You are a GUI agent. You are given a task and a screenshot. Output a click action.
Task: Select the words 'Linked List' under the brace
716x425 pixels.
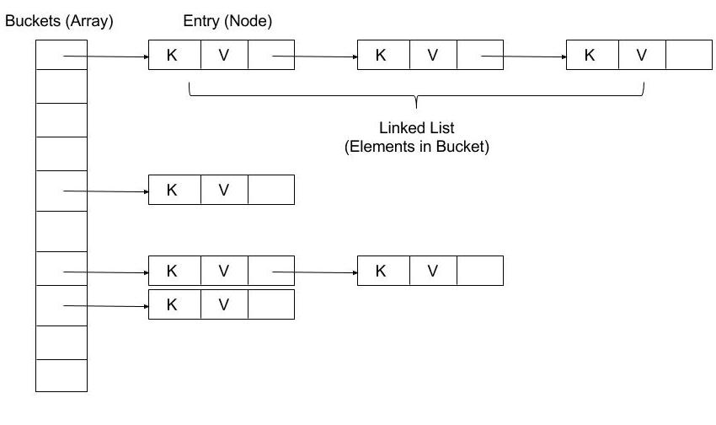417,128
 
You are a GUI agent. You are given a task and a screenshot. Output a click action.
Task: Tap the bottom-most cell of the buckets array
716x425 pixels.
61,375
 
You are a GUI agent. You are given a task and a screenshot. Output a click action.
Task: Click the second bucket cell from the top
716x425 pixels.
61,87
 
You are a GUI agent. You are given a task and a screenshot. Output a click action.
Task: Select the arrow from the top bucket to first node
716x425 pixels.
105,56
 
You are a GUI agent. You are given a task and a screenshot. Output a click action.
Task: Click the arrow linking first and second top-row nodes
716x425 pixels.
314,56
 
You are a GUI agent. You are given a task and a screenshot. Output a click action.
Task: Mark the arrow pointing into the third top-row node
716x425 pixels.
523,56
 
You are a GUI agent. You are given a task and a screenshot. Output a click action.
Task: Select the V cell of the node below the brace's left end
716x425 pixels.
224,190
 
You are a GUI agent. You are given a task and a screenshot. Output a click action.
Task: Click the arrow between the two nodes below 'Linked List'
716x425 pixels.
314,272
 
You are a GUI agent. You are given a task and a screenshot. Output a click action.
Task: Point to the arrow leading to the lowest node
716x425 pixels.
105,306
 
